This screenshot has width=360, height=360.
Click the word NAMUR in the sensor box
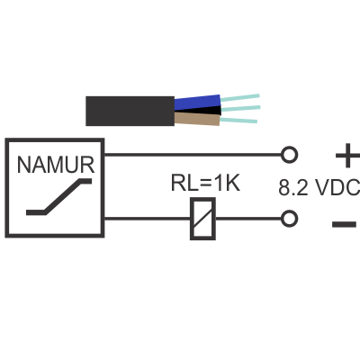click(x=56, y=165)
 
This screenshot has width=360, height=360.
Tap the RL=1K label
click(x=205, y=183)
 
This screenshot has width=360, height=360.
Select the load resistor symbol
click(x=202, y=219)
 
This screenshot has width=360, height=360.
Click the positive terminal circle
click(x=289, y=155)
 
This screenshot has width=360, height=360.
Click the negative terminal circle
click(x=289, y=219)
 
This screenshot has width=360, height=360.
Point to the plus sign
click(x=347, y=156)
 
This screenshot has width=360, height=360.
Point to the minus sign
click(x=344, y=224)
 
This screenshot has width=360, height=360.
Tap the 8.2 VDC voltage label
click(x=319, y=188)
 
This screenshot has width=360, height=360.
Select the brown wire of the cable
click(x=197, y=119)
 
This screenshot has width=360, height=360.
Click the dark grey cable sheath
click(x=130, y=111)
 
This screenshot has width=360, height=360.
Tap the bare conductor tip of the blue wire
click(x=240, y=98)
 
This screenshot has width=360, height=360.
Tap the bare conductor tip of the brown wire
click(x=238, y=120)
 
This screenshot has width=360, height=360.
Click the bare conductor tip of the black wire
click(x=240, y=108)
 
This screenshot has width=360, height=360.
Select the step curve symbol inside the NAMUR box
click(x=59, y=197)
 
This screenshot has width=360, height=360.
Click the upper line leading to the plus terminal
click(x=193, y=155)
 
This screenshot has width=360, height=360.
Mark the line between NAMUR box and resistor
click(x=148, y=219)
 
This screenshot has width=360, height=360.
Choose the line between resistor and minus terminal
click(x=248, y=219)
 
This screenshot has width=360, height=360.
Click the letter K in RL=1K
click(x=233, y=183)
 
